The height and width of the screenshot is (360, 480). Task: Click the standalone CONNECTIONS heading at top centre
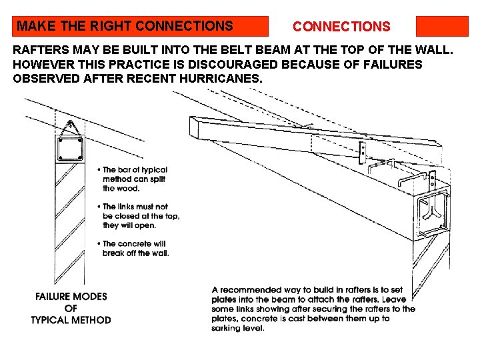pos(341,27)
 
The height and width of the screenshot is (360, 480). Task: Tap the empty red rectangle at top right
pos(442,27)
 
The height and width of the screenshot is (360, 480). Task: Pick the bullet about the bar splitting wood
pos(134,179)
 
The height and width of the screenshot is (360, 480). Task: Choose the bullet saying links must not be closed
pos(140,216)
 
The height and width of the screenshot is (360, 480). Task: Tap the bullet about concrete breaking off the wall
pos(135,248)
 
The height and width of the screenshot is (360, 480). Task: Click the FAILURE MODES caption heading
pos(71,297)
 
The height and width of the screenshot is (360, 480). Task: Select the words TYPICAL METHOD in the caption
pos(71,320)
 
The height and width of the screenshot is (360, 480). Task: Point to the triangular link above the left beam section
pos(69,127)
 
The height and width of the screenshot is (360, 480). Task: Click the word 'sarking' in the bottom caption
pos(228,327)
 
